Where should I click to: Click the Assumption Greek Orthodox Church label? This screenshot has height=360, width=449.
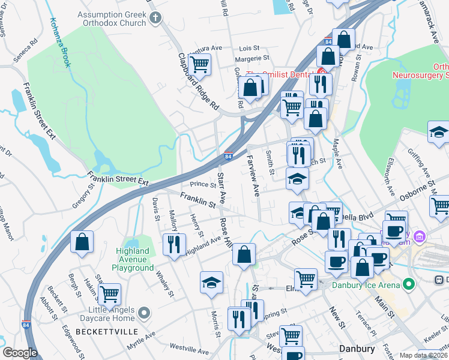point(112,18)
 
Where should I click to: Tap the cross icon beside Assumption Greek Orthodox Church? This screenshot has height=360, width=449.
point(155,18)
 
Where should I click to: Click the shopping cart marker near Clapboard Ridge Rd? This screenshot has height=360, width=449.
point(199,64)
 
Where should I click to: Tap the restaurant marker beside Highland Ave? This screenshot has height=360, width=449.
point(173,244)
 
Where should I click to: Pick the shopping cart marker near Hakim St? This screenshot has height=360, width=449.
point(109,294)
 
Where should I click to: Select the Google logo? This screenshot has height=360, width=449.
point(20,353)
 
